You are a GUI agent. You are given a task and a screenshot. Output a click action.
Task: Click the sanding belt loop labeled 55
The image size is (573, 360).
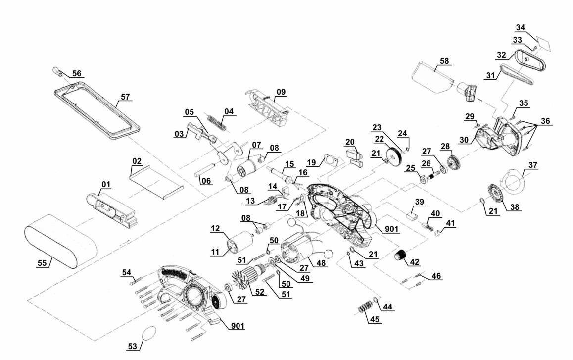59,242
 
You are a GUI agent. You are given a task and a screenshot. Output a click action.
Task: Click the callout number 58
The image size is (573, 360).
444,61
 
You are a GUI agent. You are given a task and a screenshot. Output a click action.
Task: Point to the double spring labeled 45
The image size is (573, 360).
365,307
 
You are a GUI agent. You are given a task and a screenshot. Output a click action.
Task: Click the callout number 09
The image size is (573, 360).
281,92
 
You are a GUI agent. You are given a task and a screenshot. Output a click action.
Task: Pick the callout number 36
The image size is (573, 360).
545,121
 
